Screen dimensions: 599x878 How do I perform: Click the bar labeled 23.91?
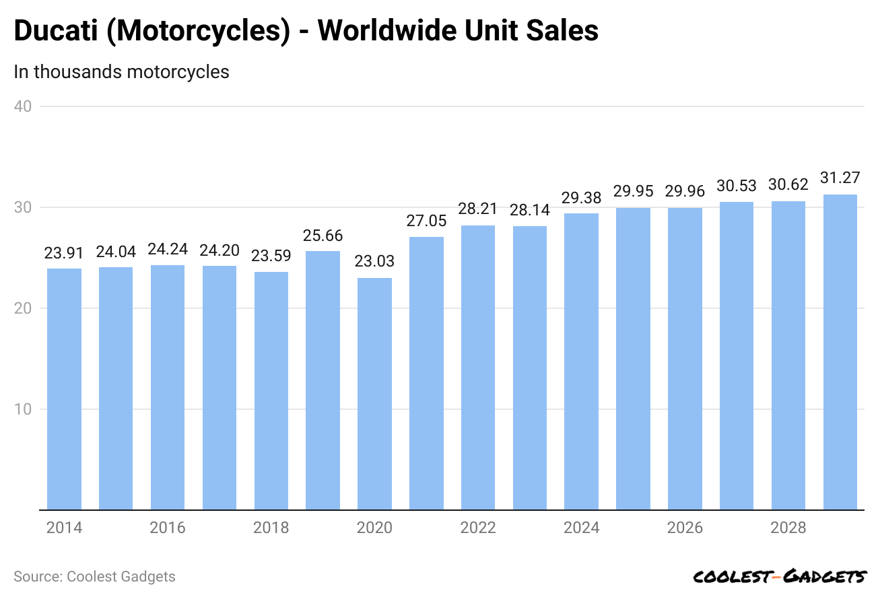tap(64, 389)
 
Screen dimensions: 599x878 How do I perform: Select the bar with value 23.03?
tap(374, 394)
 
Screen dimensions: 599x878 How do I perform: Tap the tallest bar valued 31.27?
tap(840, 352)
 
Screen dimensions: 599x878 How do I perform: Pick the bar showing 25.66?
tap(323, 380)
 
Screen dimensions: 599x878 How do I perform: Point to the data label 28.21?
tap(478, 210)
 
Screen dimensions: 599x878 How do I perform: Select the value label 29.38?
tap(582, 198)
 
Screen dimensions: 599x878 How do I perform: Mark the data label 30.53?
tap(737, 186)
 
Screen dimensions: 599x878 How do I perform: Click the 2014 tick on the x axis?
tap(64, 528)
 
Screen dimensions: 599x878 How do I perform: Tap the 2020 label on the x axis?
tap(374, 528)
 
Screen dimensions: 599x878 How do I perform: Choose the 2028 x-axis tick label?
tap(788, 528)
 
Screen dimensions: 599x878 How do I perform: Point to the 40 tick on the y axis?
tap(24, 106)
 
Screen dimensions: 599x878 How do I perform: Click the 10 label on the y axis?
tap(24, 409)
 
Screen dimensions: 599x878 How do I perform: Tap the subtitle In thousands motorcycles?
tap(121, 71)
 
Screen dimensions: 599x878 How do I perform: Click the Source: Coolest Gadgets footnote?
tap(94, 577)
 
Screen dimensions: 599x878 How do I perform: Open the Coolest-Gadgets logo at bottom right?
tap(780, 577)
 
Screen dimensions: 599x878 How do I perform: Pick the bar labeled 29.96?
tap(685, 359)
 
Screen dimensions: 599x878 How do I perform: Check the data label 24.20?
tap(219, 252)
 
